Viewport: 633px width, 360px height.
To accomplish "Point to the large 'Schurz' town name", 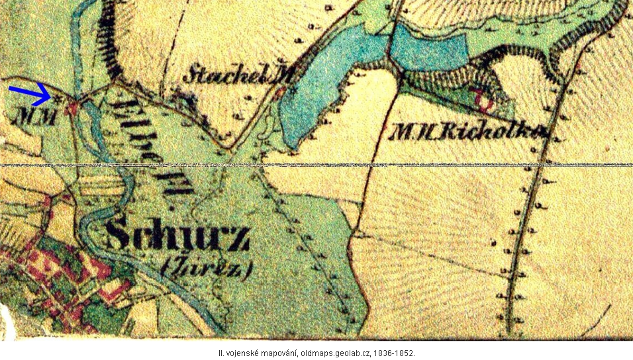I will coord(177,236).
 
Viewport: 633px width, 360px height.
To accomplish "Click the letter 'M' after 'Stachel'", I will coord(283,75).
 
